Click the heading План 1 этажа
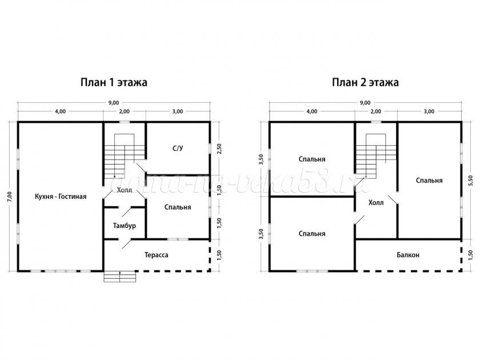click(x=114, y=82)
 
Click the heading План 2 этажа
click(x=366, y=82)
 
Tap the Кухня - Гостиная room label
click(x=61, y=197)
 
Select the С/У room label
click(x=178, y=149)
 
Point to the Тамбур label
click(x=125, y=226)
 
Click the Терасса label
click(x=157, y=255)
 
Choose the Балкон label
click(x=408, y=255)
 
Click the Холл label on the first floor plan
click(x=125, y=190)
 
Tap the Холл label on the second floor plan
click(x=376, y=203)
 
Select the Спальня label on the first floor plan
click(x=178, y=207)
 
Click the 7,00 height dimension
click(x=10, y=196)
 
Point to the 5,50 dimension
click(x=470, y=181)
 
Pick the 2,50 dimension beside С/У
click(x=219, y=149)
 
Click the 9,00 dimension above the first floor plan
click(x=114, y=103)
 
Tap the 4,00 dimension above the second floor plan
click(x=312, y=111)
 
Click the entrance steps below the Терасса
click(x=119, y=276)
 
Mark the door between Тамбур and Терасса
click(x=125, y=243)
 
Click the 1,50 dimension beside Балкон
click(x=470, y=255)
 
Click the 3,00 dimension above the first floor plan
click(x=178, y=111)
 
